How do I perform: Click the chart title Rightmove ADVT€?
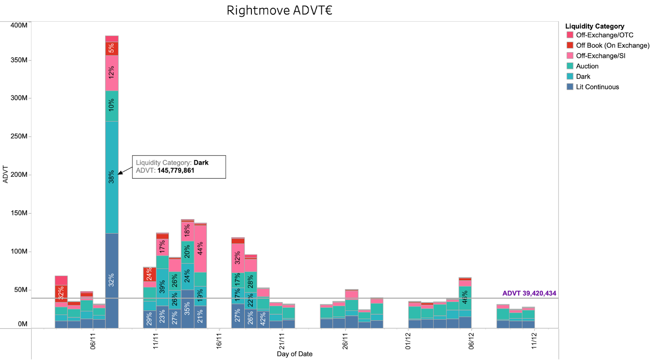point(279,10)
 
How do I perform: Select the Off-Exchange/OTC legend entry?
point(604,35)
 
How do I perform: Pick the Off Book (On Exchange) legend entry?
point(612,45)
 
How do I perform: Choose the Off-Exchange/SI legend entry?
point(600,56)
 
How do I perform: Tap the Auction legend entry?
point(587,66)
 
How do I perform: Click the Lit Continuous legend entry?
point(597,87)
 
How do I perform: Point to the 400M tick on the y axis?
point(19,25)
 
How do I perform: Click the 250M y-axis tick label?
point(19,136)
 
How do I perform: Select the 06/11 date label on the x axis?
point(93,341)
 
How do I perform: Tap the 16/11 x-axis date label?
point(219,341)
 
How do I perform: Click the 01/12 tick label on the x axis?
point(408,341)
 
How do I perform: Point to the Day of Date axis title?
point(295,354)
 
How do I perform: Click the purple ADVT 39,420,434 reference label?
point(529,293)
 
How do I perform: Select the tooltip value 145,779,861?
point(176,171)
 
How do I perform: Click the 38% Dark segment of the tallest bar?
point(112,177)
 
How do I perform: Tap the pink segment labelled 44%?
point(200,248)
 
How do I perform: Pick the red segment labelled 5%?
point(112,48)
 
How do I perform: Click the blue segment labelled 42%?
point(263,319)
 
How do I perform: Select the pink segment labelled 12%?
point(112,73)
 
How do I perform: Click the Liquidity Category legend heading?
point(595,26)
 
